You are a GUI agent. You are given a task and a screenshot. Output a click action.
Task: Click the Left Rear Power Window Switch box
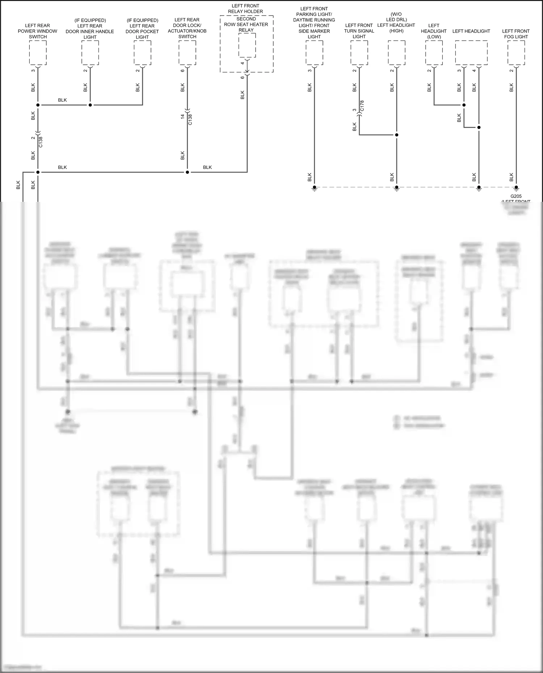click(38, 53)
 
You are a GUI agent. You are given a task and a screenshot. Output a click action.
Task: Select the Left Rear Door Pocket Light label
click(142, 29)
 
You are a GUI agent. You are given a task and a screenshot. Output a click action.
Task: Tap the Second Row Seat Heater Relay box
click(247, 45)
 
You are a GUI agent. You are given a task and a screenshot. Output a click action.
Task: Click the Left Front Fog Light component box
click(516, 53)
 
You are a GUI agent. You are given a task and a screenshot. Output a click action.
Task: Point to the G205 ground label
click(516, 196)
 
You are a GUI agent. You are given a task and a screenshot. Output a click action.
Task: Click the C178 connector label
click(362, 106)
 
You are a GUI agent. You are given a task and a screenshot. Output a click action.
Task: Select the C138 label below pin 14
click(190, 119)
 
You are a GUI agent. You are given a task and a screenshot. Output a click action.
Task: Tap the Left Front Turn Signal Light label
click(359, 31)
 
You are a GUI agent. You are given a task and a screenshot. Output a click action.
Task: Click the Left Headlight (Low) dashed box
click(434, 53)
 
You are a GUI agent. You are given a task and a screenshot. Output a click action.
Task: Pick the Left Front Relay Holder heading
click(245, 9)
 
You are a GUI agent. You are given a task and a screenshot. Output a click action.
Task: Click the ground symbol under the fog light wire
click(516, 188)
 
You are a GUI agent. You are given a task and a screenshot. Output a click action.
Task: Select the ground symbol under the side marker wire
click(315, 188)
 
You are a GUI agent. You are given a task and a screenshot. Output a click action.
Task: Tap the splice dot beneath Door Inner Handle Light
click(90, 105)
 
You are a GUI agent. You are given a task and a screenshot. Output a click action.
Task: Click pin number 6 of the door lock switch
click(182, 71)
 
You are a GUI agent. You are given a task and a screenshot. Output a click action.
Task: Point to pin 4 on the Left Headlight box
click(474, 71)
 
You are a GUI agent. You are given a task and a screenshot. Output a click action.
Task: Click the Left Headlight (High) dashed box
click(396, 53)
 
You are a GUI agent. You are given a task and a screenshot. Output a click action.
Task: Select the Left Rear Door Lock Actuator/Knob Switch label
click(187, 28)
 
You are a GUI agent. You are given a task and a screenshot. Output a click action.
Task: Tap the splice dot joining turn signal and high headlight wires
click(396, 135)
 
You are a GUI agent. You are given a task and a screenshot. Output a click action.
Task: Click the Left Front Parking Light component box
click(314, 53)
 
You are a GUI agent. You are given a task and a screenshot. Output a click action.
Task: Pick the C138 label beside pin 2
click(41, 142)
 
